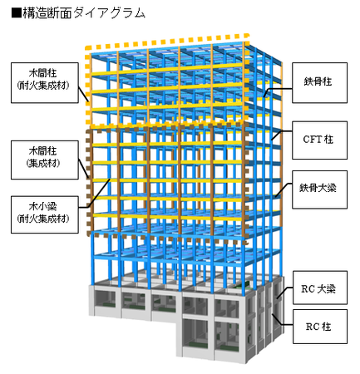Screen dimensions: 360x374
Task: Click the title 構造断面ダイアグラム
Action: [84, 13]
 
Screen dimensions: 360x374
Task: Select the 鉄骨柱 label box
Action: [319, 82]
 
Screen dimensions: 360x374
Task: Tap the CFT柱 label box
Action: [319, 140]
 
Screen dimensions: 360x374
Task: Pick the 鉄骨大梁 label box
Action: [319, 189]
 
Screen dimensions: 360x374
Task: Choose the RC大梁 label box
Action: [320, 288]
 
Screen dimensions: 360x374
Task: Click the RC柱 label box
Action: [320, 327]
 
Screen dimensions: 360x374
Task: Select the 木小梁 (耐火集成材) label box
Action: [45, 214]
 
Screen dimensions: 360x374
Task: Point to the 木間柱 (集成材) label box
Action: [45, 160]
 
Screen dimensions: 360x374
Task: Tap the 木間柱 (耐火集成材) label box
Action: [45, 83]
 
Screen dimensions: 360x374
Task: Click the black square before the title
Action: [17, 13]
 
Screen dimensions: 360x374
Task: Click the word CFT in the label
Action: [312, 140]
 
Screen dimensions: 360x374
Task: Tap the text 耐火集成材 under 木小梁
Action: [45, 219]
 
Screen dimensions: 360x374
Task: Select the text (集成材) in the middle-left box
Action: [43, 163]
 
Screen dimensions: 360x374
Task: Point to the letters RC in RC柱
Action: [312, 327]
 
